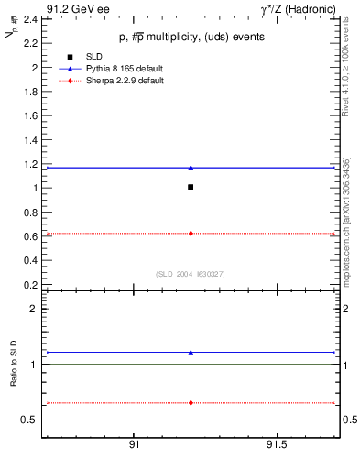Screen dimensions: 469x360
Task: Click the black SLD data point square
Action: [191, 187]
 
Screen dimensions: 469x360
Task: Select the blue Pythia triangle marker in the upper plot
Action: [191, 168]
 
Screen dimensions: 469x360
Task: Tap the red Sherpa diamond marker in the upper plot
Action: [191, 234]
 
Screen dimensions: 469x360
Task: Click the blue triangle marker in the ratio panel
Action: [191, 352]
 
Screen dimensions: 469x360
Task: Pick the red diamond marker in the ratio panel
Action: [191, 402]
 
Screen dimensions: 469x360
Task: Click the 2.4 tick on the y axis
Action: [30, 19]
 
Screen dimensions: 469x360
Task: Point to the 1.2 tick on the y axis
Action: [30, 164]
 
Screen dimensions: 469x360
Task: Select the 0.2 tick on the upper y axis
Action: [30, 284]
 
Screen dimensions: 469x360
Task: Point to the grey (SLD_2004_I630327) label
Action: [190, 273]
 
